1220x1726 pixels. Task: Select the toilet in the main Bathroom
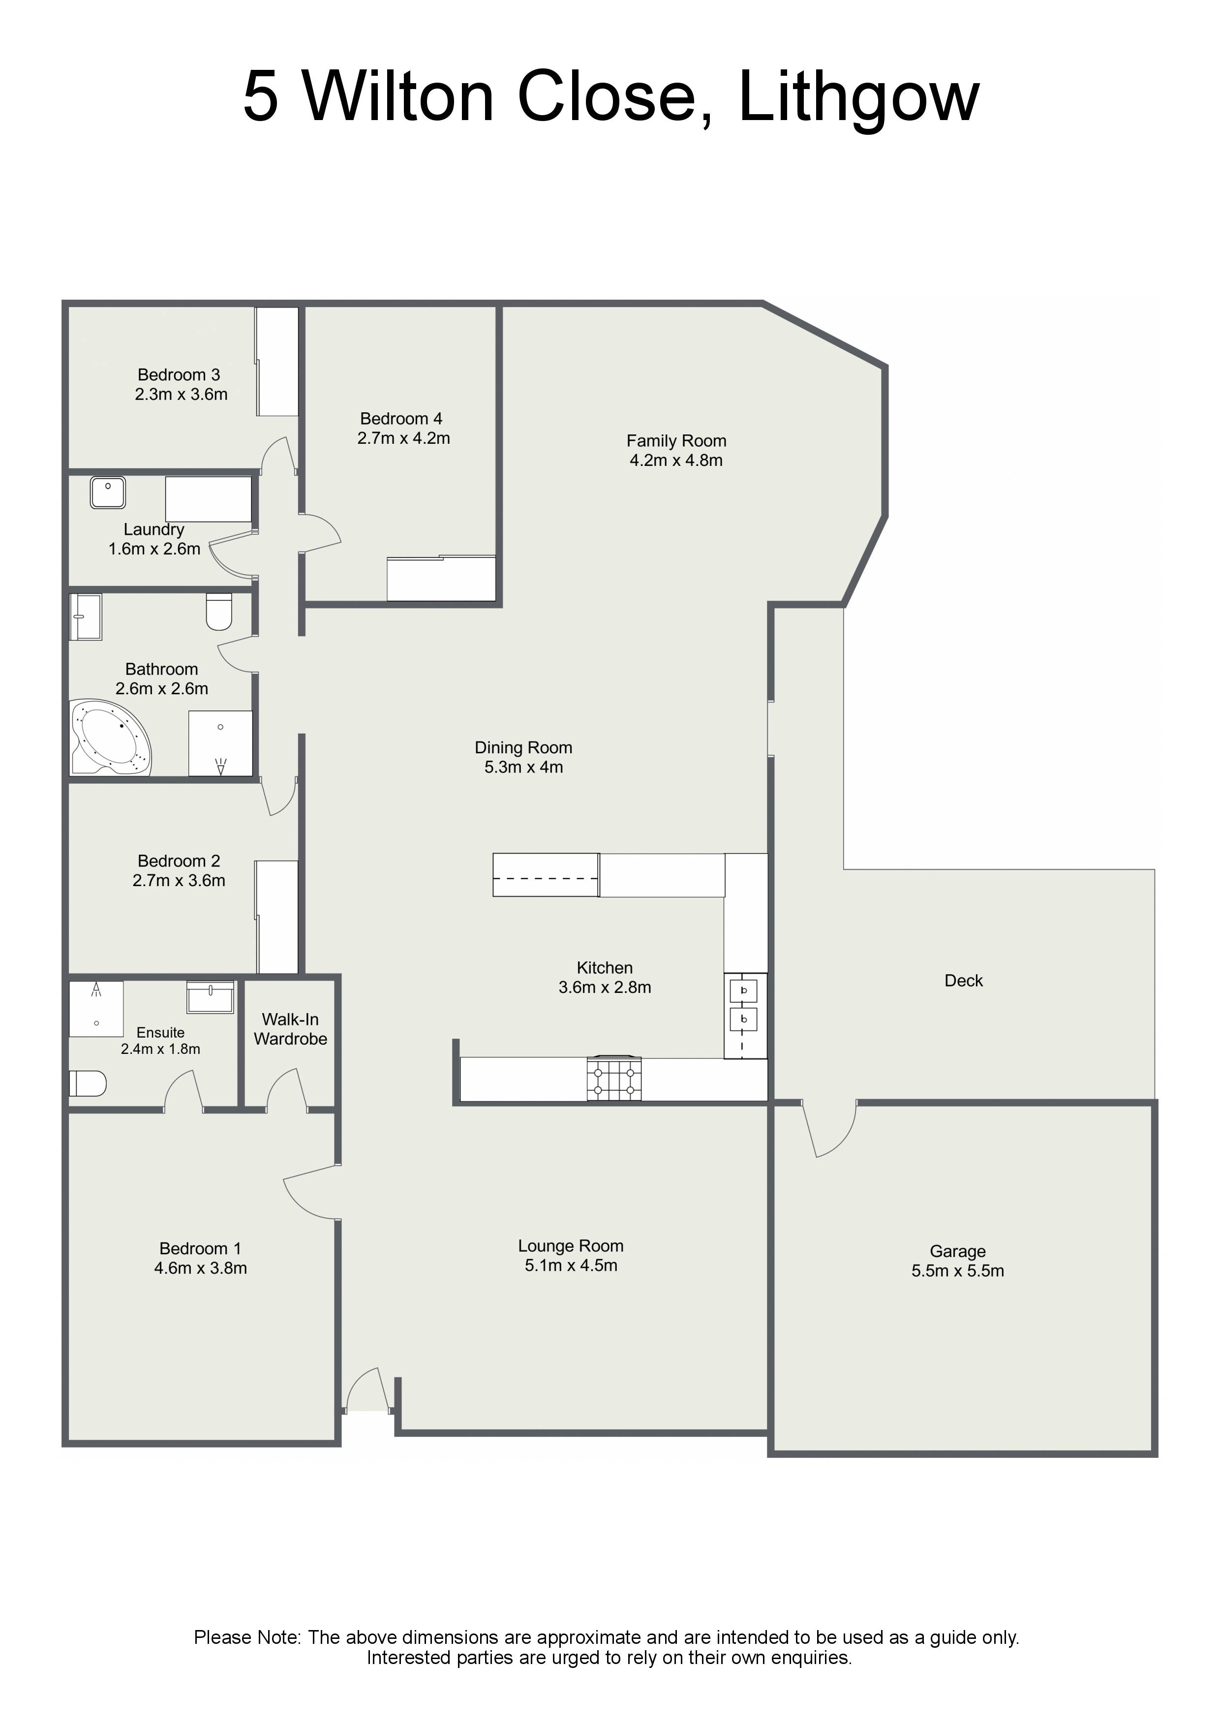tap(219, 611)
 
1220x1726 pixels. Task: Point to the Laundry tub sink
tap(108, 493)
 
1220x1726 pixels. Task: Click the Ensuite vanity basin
tap(211, 997)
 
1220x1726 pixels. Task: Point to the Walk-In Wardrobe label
tap(291, 1029)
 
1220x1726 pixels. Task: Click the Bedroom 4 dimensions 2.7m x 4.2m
tap(404, 438)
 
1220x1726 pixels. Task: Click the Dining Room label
tap(523, 747)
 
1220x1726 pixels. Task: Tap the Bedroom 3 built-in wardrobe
tap(277, 362)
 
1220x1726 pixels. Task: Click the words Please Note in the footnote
tap(247, 1637)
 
